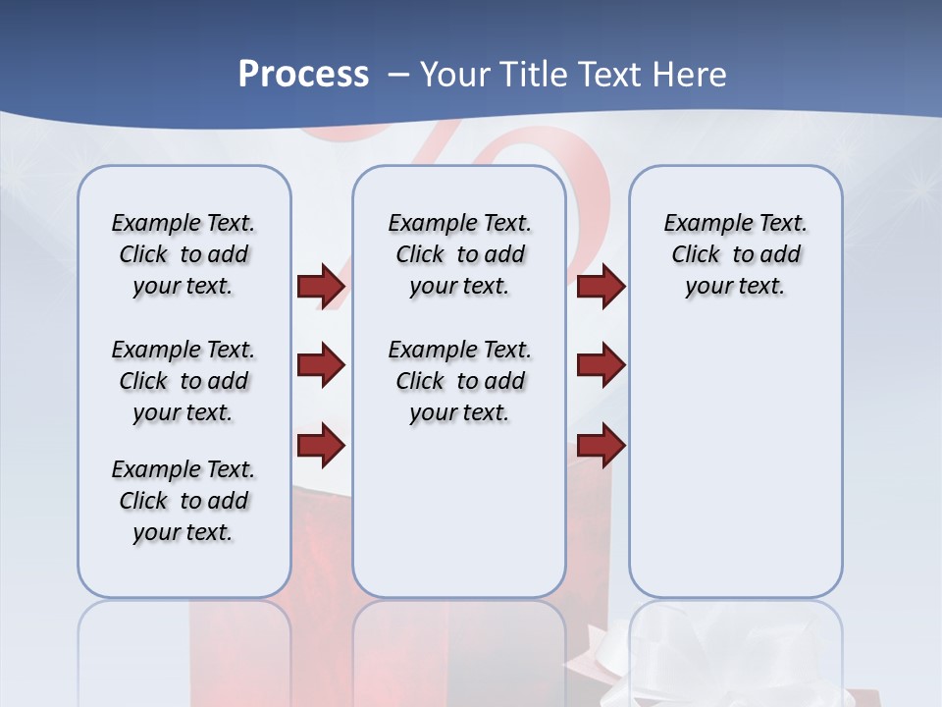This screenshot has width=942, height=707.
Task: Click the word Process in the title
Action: [x=303, y=74]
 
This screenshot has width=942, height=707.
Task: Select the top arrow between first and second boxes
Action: [x=321, y=286]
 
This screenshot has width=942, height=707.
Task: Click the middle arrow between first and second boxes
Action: [x=321, y=365]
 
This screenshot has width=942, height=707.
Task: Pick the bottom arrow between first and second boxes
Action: [x=321, y=445]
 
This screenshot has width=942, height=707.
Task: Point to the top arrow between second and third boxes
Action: [x=601, y=286]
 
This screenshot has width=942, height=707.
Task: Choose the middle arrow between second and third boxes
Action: [x=601, y=365]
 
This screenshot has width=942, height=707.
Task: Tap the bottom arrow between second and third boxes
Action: [x=601, y=445]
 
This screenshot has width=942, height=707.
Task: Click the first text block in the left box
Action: [x=183, y=254]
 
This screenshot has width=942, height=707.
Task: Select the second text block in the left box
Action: [x=183, y=381]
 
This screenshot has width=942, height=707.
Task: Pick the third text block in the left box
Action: [x=183, y=501]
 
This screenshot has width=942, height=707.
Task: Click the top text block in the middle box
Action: [x=459, y=254]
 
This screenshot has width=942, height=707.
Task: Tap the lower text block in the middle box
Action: [x=459, y=381]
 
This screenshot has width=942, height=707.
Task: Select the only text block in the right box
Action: [x=735, y=254]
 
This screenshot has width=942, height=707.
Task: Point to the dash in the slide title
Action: [x=398, y=75]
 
